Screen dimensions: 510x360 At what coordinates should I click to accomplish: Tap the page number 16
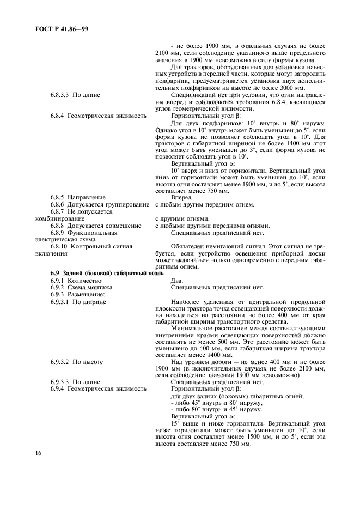click(39, 453)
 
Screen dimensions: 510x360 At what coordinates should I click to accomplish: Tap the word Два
click(178, 280)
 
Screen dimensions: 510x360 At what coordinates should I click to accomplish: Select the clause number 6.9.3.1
click(61, 301)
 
